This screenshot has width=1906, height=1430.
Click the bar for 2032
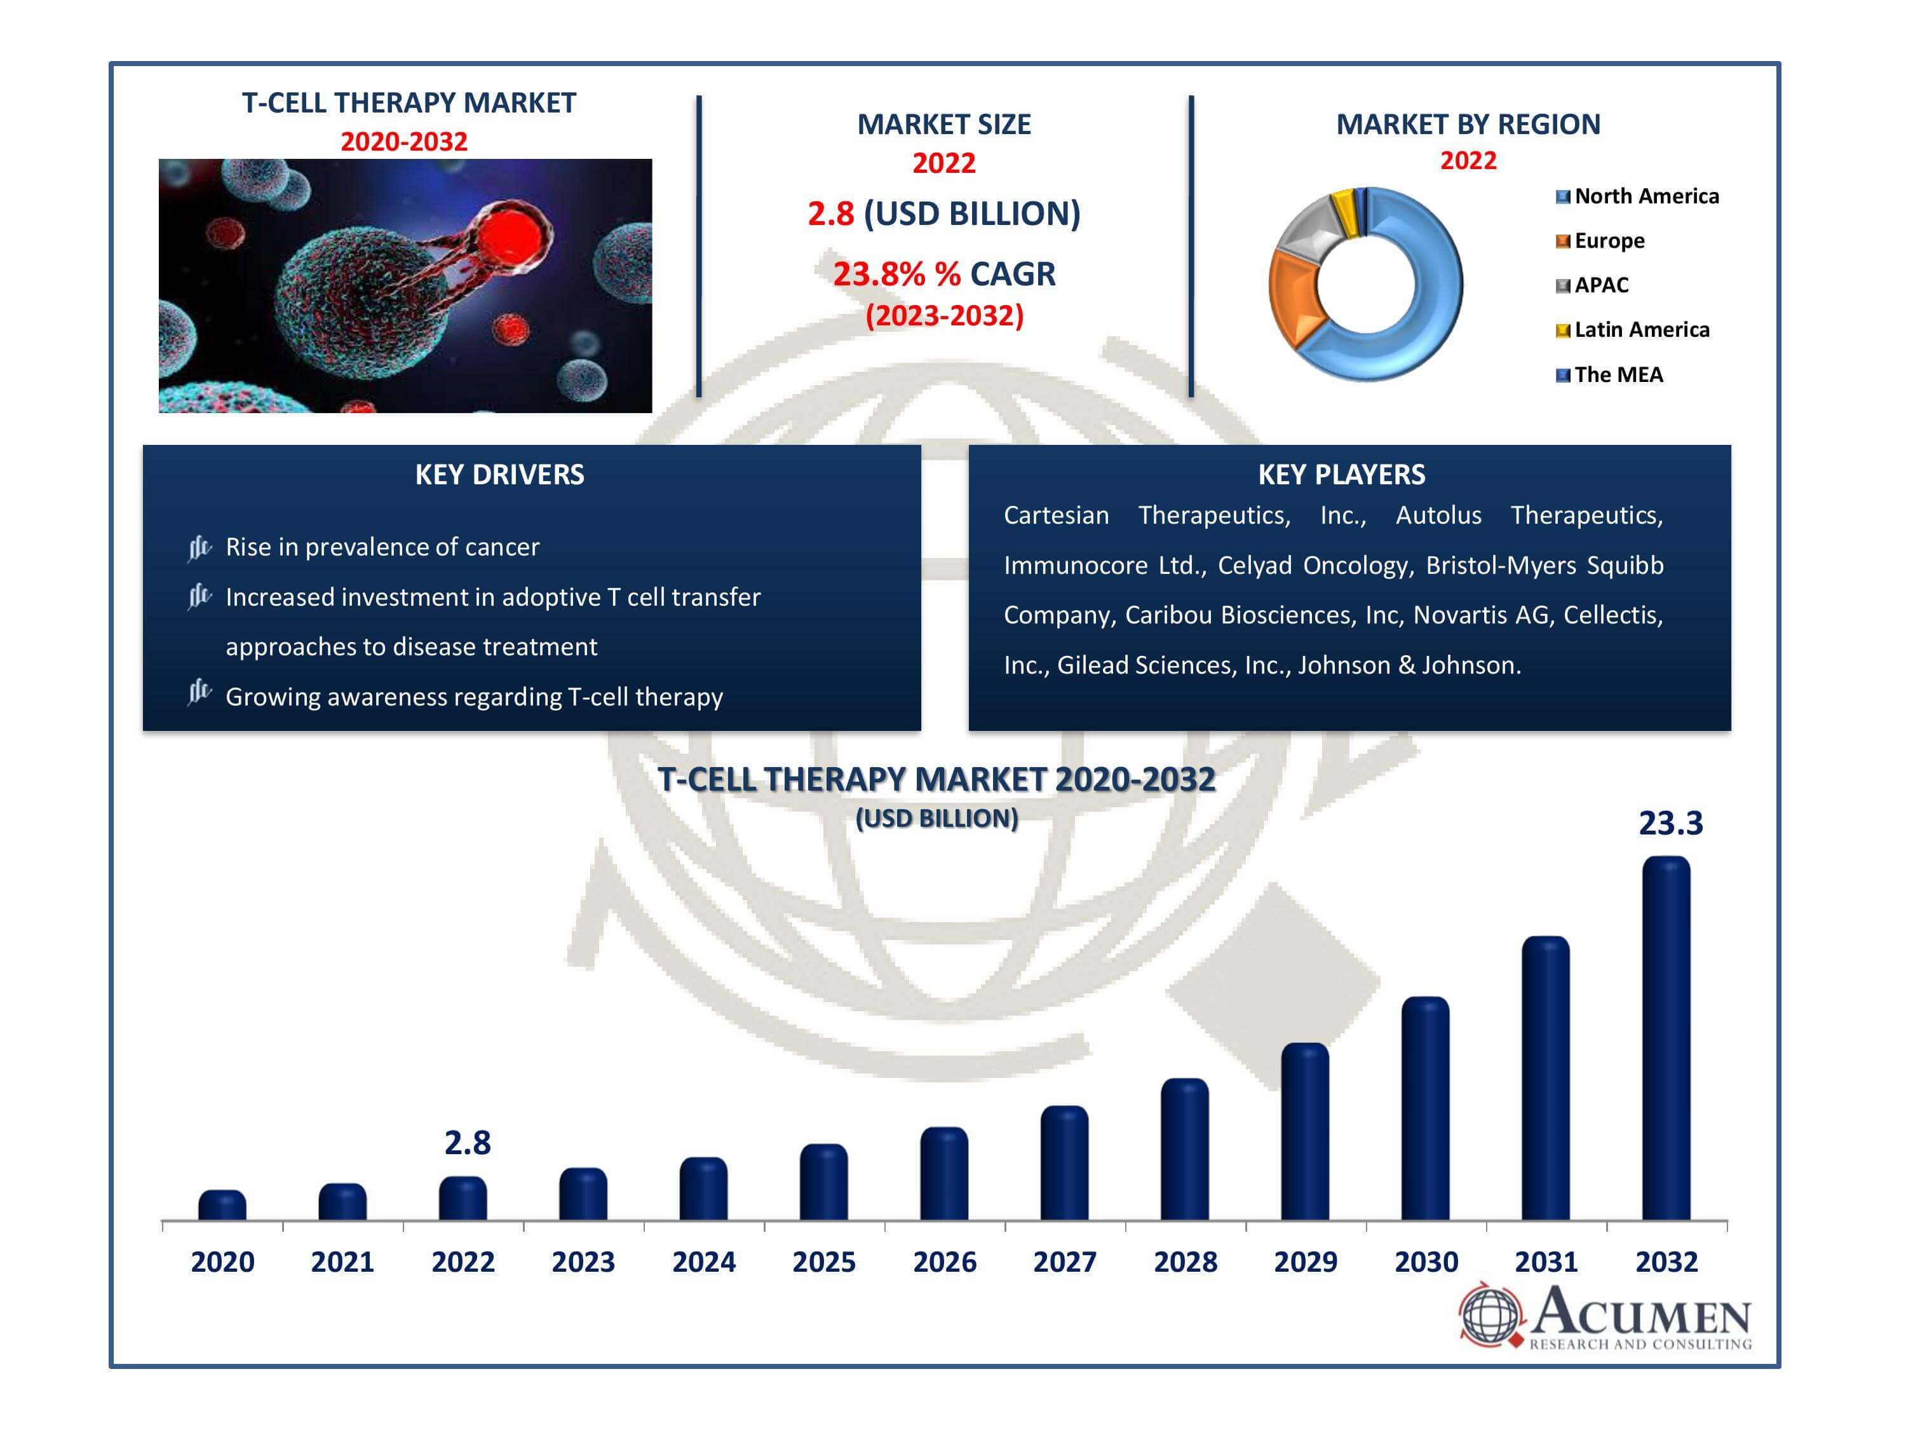click(1666, 1038)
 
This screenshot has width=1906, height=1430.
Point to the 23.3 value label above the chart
click(1670, 823)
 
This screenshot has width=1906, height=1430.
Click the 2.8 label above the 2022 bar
click(467, 1143)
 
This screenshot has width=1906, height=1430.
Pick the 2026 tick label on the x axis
click(944, 1262)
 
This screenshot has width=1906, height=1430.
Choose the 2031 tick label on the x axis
click(1546, 1262)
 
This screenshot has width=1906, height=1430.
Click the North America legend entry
click(1646, 196)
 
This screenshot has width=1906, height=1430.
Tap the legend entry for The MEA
click(1618, 375)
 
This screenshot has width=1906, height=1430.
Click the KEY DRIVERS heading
click(500, 474)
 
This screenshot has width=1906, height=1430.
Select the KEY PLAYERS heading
click(1341, 474)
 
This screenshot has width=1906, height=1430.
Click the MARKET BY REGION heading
click(1468, 124)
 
